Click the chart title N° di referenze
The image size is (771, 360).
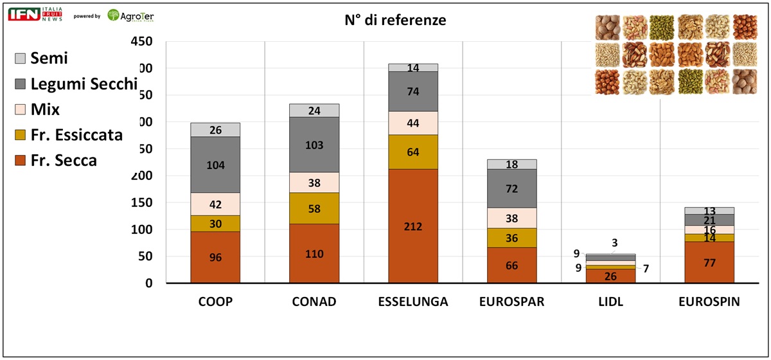(395, 21)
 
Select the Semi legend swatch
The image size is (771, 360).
(20, 59)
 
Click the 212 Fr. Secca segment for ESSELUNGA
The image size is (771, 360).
(413, 226)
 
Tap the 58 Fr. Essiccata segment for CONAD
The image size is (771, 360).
(314, 208)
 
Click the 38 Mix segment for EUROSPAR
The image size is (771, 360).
(512, 218)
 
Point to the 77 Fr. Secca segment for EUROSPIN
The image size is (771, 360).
(709, 262)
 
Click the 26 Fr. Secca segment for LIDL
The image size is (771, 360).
(610, 276)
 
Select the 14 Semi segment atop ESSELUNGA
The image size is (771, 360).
(413, 67)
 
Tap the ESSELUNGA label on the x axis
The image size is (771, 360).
(413, 302)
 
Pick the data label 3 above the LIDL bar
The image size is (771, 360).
(616, 242)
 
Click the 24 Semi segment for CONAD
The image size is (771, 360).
(314, 111)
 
